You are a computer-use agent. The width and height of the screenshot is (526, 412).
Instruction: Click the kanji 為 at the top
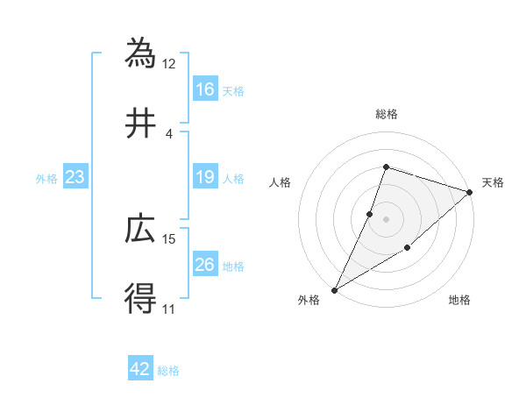(x=140, y=52)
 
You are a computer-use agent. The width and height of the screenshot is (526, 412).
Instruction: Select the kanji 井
(x=140, y=124)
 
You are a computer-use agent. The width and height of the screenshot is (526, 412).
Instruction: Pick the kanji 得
(x=140, y=300)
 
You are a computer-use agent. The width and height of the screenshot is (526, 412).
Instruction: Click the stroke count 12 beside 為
(x=169, y=63)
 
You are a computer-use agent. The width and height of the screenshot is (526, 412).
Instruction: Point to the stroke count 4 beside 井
(x=169, y=134)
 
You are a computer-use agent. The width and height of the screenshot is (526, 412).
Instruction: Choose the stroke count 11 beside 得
(x=169, y=309)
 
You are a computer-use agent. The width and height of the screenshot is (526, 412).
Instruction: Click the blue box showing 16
(x=205, y=89)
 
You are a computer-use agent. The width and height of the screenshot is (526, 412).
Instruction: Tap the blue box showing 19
(x=205, y=178)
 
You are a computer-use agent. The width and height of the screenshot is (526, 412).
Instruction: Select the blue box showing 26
(x=205, y=266)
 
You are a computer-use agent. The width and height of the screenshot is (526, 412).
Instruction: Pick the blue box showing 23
(x=75, y=178)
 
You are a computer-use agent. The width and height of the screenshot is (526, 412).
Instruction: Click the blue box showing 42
(x=140, y=369)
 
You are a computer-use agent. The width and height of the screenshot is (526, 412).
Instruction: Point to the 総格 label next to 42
(x=168, y=371)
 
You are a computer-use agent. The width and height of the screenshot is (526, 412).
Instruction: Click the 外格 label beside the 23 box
(x=46, y=179)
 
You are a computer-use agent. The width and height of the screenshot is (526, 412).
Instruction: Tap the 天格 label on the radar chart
(x=494, y=182)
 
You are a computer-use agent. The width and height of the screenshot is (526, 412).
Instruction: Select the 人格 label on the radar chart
(x=281, y=182)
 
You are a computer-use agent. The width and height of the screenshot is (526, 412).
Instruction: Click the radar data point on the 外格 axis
(x=334, y=289)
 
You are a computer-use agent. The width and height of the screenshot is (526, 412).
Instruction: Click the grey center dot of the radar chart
(x=387, y=218)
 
